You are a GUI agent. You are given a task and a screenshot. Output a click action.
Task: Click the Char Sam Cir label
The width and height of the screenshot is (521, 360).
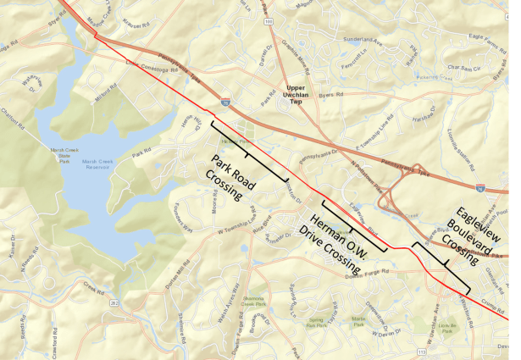[463, 67]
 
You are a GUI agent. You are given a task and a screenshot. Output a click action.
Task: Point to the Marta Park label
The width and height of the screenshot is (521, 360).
[359, 320]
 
